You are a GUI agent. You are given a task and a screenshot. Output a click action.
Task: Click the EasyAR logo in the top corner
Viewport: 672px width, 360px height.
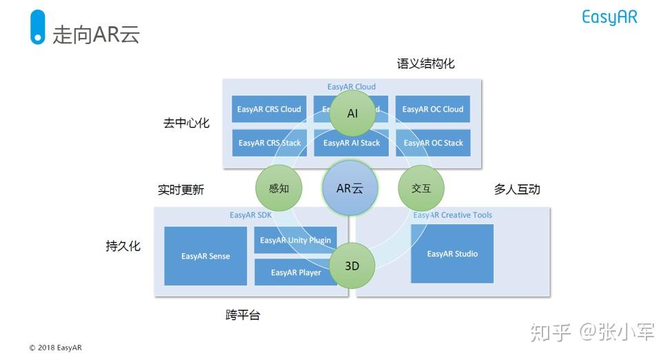[x=609, y=17]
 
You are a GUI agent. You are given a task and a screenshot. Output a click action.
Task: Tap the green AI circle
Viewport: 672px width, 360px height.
[x=352, y=113]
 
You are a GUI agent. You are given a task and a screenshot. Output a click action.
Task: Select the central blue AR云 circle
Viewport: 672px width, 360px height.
[x=350, y=188]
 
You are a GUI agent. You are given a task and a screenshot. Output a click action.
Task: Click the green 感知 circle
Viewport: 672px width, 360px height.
[x=278, y=188]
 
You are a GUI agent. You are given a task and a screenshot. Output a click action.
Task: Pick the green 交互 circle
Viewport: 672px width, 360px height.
[x=421, y=188]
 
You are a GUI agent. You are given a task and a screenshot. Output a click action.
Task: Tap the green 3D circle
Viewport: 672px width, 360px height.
[x=352, y=266]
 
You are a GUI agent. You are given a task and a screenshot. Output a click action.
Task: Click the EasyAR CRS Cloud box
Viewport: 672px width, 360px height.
[x=269, y=109]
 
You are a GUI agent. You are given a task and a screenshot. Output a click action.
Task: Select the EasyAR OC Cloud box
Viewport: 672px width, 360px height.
[x=433, y=109]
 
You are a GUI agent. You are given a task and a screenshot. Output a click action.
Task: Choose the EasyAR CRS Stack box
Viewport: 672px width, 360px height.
[x=269, y=143]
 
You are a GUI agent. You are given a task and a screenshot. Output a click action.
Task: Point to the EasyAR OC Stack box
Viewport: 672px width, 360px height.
[x=433, y=143]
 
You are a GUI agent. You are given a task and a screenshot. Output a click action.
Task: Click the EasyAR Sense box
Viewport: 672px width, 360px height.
[x=205, y=256]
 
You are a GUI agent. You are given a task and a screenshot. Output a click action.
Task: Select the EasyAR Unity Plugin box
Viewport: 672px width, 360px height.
[x=295, y=240]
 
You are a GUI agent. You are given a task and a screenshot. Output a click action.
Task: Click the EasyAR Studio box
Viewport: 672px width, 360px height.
[x=452, y=253]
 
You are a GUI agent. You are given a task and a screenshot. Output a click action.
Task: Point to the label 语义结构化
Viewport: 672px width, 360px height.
[x=425, y=63]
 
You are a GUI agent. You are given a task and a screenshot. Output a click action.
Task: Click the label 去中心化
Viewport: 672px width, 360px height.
[x=186, y=123]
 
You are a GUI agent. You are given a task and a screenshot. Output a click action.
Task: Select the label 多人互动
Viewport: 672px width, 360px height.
[x=517, y=189]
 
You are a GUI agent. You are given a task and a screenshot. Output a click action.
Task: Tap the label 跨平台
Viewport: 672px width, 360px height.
[x=243, y=315]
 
